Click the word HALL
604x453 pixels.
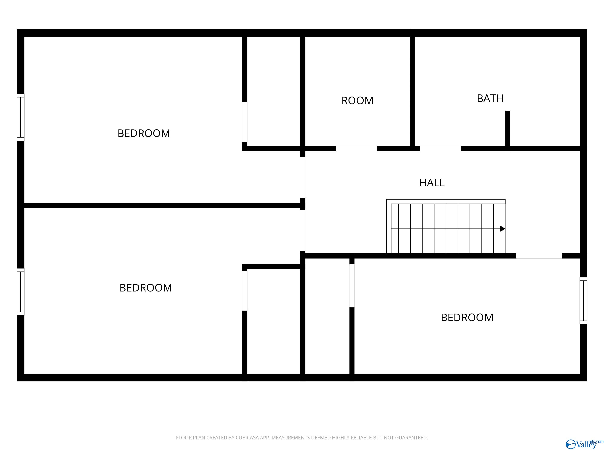[432, 183]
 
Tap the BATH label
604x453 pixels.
[490, 98]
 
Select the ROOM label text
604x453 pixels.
[357, 100]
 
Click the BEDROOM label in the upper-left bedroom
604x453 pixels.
[144, 133]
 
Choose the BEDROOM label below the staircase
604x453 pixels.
[467, 317]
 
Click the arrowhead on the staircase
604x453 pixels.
[502, 229]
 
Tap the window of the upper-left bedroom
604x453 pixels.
[20, 117]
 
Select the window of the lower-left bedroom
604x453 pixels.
[20, 292]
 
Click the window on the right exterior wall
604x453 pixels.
[583, 301]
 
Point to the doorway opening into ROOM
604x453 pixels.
[357, 149]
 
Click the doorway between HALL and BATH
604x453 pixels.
[440, 149]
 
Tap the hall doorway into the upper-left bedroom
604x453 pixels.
[303, 178]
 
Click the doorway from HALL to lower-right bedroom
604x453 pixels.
[539, 256]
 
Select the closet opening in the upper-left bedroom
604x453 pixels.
[245, 122]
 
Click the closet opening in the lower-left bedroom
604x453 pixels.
[245, 291]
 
